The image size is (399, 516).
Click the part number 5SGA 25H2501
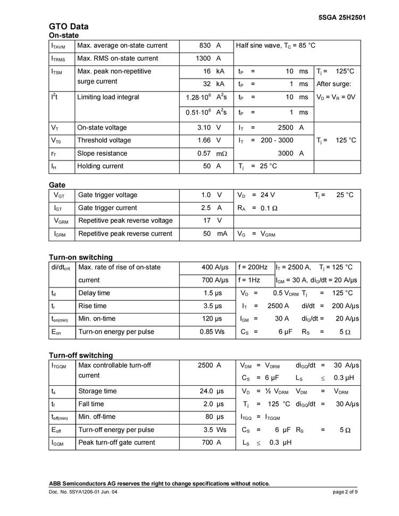pyautogui.click(x=342, y=18)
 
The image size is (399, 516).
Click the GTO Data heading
pyautogui.click(x=69, y=27)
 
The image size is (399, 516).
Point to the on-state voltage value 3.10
pyautogui.click(x=204, y=128)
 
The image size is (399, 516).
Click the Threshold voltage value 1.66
pyautogui.click(x=204, y=140)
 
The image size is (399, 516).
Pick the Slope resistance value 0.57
pyautogui.click(x=204, y=154)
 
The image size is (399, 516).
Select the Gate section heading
pyautogui.click(x=57, y=185)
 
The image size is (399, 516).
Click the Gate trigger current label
pyautogui.click(x=107, y=208)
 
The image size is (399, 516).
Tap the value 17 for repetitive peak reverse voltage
pyautogui.click(x=207, y=221)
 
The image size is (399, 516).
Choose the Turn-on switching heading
pyautogui.click(x=81, y=258)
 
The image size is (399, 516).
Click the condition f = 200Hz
pyautogui.click(x=253, y=267)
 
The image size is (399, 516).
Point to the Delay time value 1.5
pyautogui.click(x=209, y=293)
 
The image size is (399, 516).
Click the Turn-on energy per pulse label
pyautogui.click(x=116, y=332)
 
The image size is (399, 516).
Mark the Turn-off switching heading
pyautogui.click(x=81, y=356)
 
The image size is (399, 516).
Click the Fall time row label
pyautogui.click(x=91, y=404)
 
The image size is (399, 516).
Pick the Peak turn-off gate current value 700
pyautogui.click(x=207, y=443)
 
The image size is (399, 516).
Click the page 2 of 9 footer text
pyautogui.click(x=345, y=492)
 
